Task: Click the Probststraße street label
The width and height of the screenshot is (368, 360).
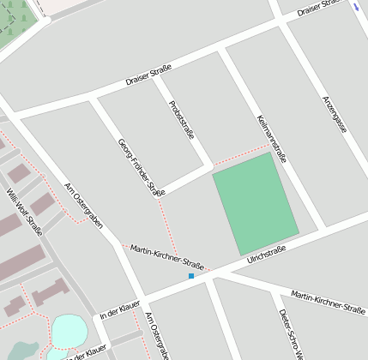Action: tap(182, 120)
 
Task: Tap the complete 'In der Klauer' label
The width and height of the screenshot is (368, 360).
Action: tap(119, 309)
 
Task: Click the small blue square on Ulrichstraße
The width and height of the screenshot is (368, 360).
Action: tap(191, 276)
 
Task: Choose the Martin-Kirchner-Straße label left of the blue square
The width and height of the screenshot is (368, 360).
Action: tap(166, 255)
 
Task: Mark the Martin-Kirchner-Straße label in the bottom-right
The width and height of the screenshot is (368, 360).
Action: tap(328, 301)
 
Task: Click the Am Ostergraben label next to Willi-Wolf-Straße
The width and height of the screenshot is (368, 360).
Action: tap(84, 206)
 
